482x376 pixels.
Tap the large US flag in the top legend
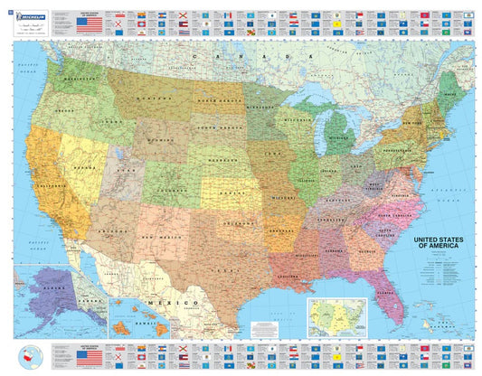pyautogui.click(x=90, y=24)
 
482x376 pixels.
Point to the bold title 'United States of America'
pyautogui.click(x=442, y=244)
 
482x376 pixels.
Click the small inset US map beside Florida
pyautogui.click(x=336, y=312)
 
